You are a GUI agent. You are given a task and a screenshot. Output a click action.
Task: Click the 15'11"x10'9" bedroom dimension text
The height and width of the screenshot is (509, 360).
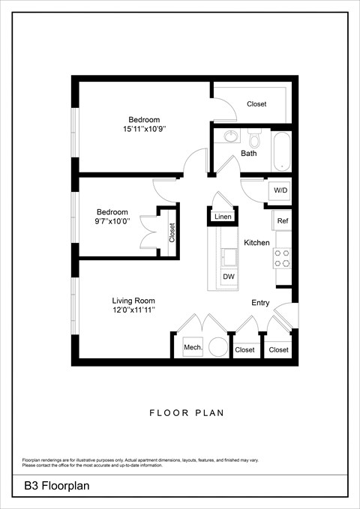(144, 130)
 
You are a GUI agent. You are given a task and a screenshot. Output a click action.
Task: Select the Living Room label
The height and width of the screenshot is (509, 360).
(133, 301)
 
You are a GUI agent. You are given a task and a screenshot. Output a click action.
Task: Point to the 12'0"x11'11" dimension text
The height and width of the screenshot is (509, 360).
(133, 310)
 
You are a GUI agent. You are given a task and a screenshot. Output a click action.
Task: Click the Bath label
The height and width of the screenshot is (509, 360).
(248, 154)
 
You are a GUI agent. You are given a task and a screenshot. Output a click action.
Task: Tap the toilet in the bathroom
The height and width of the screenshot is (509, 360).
(253, 139)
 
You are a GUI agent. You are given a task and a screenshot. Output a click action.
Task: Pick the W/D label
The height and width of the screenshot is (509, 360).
(280, 190)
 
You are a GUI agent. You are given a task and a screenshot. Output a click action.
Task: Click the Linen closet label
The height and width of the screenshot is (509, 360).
(223, 217)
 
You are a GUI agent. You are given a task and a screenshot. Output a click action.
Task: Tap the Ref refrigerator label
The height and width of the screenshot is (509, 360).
(282, 221)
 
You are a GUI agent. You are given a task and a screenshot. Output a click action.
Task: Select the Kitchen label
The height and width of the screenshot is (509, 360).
(256, 243)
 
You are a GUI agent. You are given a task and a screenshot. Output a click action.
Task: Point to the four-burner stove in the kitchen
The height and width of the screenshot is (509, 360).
(282, 259)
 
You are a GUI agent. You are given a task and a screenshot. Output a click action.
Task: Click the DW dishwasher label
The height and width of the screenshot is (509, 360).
(228, 277)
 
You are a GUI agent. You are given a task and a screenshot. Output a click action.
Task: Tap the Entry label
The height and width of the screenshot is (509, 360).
(260, 303)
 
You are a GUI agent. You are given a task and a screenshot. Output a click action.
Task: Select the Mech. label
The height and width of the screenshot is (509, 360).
(193, 348)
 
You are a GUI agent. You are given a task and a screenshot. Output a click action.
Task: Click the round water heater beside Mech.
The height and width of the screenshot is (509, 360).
(217, 347)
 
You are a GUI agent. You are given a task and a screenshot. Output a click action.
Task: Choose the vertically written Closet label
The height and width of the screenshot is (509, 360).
(172, 232)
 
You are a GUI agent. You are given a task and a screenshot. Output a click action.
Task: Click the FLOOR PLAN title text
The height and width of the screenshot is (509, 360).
(187, 412)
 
